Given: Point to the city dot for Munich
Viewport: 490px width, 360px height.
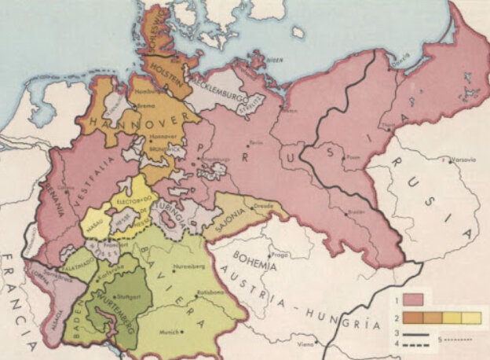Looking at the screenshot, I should [183, 332].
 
